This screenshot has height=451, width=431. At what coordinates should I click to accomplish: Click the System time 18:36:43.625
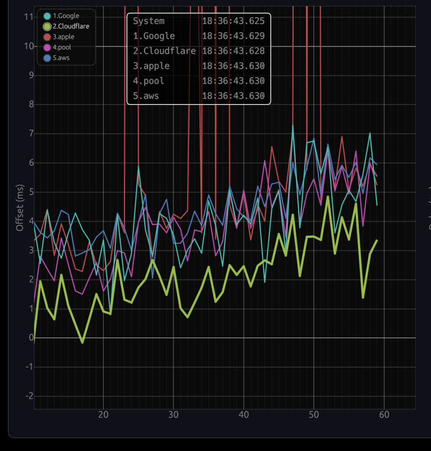233,21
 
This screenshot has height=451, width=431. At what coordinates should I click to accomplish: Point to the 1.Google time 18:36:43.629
233,36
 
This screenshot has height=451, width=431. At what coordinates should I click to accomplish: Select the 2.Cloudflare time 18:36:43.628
233,51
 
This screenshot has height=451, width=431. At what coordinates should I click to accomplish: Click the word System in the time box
149,21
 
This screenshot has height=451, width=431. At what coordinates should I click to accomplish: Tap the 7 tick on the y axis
30,133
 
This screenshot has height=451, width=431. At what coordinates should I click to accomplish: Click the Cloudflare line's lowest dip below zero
82,342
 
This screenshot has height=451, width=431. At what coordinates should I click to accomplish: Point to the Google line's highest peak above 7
293,126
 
